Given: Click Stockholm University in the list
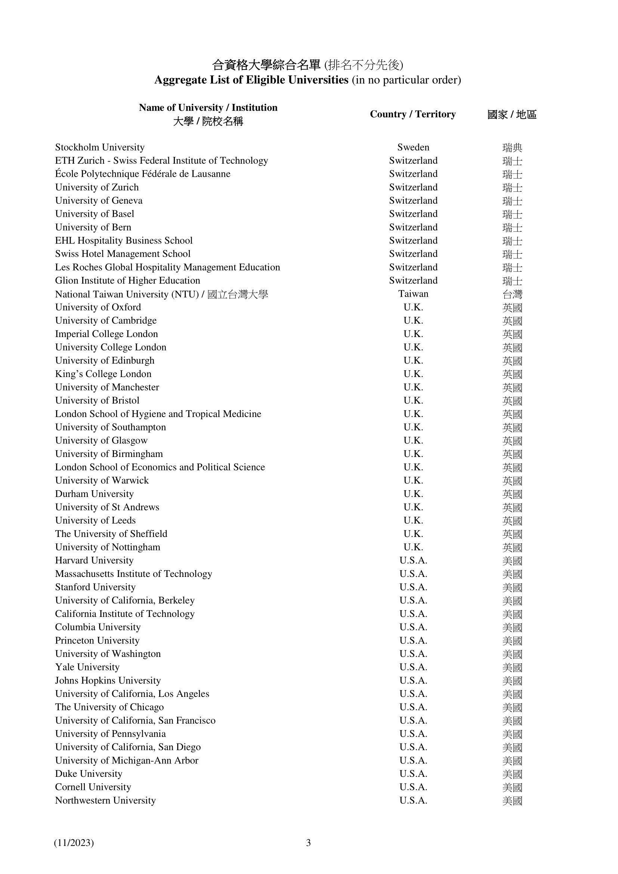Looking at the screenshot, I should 100,147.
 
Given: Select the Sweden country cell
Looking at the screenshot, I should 413,147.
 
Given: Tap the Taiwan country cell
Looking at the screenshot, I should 413,294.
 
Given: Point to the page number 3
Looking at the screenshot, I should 308,843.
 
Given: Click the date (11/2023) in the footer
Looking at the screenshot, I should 74,843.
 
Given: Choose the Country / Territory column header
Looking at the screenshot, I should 412,114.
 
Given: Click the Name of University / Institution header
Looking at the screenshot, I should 208,108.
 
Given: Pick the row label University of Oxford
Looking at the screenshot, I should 98,307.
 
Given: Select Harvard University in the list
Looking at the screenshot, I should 94,560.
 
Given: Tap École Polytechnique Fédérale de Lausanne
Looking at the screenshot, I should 143,174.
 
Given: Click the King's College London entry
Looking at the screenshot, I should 103,374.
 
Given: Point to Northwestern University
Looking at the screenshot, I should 105,800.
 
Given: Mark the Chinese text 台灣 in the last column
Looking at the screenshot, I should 512,294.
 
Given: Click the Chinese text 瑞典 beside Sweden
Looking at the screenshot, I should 512,148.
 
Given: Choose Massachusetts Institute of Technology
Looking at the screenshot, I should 133,574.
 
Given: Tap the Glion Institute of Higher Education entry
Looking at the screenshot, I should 127,281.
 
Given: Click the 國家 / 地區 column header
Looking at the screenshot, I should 512,115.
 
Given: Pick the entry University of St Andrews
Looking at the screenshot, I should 107,507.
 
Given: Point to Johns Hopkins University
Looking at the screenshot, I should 108,680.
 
